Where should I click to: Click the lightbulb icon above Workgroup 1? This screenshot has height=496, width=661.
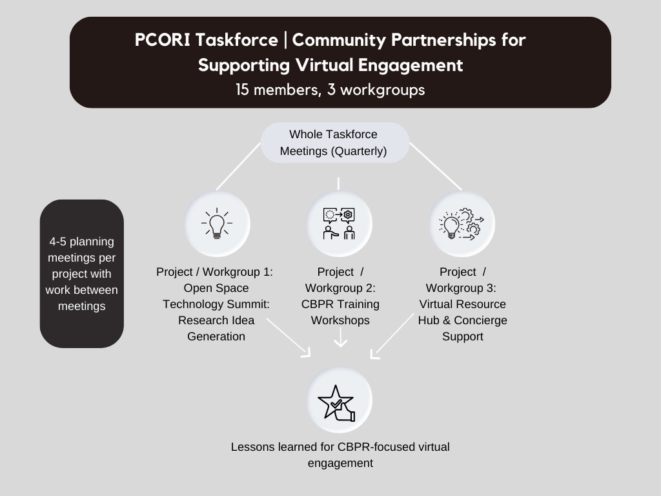pos(217,223)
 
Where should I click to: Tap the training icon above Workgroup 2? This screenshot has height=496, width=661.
pos(340,223)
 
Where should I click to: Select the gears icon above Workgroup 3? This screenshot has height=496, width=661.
pos(462,223)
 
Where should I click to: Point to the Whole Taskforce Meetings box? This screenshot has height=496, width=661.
pos(334,143)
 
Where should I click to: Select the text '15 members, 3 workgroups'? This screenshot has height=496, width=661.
pos(330,90)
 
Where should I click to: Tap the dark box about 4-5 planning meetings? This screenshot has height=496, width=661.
pos(82,274)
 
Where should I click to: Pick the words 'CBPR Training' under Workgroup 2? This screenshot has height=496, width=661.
pos(340,304)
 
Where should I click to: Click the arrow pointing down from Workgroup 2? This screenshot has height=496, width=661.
pos(340,338)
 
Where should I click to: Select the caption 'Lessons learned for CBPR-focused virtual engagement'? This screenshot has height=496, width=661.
pos(340,455)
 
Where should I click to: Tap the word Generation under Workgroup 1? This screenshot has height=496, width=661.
pos(216,336)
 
